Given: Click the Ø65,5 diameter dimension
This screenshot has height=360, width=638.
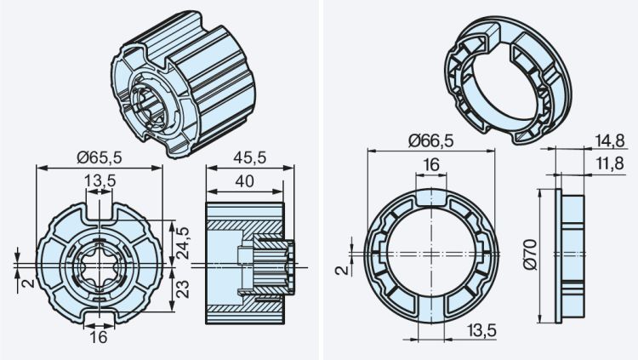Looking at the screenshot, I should (100, 157).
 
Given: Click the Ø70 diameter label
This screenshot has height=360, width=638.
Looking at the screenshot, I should (530, 255).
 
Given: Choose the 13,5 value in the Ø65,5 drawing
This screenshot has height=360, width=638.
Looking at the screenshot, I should (100, 180).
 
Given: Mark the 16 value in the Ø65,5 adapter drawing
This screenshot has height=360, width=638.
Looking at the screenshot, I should (100, 336).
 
